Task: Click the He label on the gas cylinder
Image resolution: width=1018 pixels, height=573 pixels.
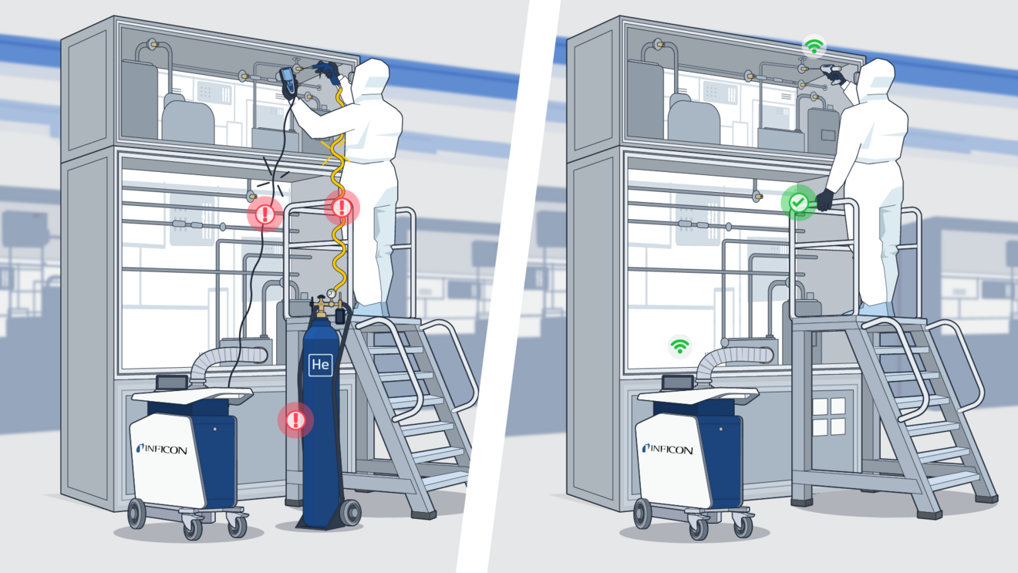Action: tap(320, 365)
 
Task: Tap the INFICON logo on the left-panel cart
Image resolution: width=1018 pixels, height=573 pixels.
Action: tap(161, 449)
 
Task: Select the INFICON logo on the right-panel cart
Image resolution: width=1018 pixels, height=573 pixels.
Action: tap(667, 449)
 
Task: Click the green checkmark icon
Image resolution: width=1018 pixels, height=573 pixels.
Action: tap(799, 203)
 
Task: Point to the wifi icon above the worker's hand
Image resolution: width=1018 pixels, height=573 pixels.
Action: tap(814, 46)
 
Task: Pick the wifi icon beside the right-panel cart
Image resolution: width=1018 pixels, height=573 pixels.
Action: tap(679, 346)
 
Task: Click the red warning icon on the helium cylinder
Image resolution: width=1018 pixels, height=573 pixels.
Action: tap(295, 420)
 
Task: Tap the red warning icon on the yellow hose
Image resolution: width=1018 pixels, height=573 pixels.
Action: tap(341, 207)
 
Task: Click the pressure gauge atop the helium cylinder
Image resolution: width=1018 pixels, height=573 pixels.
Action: tap(331, 294)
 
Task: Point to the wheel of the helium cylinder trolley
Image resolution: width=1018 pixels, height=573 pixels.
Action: tap(352, 512)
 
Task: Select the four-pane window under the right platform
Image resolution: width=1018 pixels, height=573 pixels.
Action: tap(828, 416)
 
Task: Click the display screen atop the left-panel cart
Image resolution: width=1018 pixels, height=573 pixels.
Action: tap(172, 382)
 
